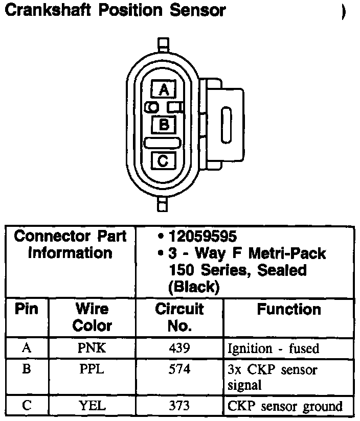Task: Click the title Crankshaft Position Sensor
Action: click(x=115, y=10)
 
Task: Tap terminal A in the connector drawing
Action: click(x=164, y=90)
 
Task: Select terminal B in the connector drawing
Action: click(x=164, y=124)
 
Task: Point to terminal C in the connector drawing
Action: click(x=163, y=161)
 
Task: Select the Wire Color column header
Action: click(x=92, y=317)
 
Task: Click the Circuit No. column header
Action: click(x=179, y=317)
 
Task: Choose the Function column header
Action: click(x=289, y=310)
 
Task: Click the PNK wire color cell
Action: click(x=92, y=348)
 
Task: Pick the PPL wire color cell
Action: click(x=92, y=369)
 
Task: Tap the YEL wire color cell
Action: click(x=92, y=406)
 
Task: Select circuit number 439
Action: click(x=179, y=348)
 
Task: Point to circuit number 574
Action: click(x=179, y=369)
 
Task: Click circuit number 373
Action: click(x=179, y=406)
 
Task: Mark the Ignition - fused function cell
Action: click(x=273, y=349)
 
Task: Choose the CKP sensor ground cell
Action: click(x=285, y=407)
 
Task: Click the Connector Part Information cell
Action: click(x=71, y=244)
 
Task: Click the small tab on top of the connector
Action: click(x=163, y=43)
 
